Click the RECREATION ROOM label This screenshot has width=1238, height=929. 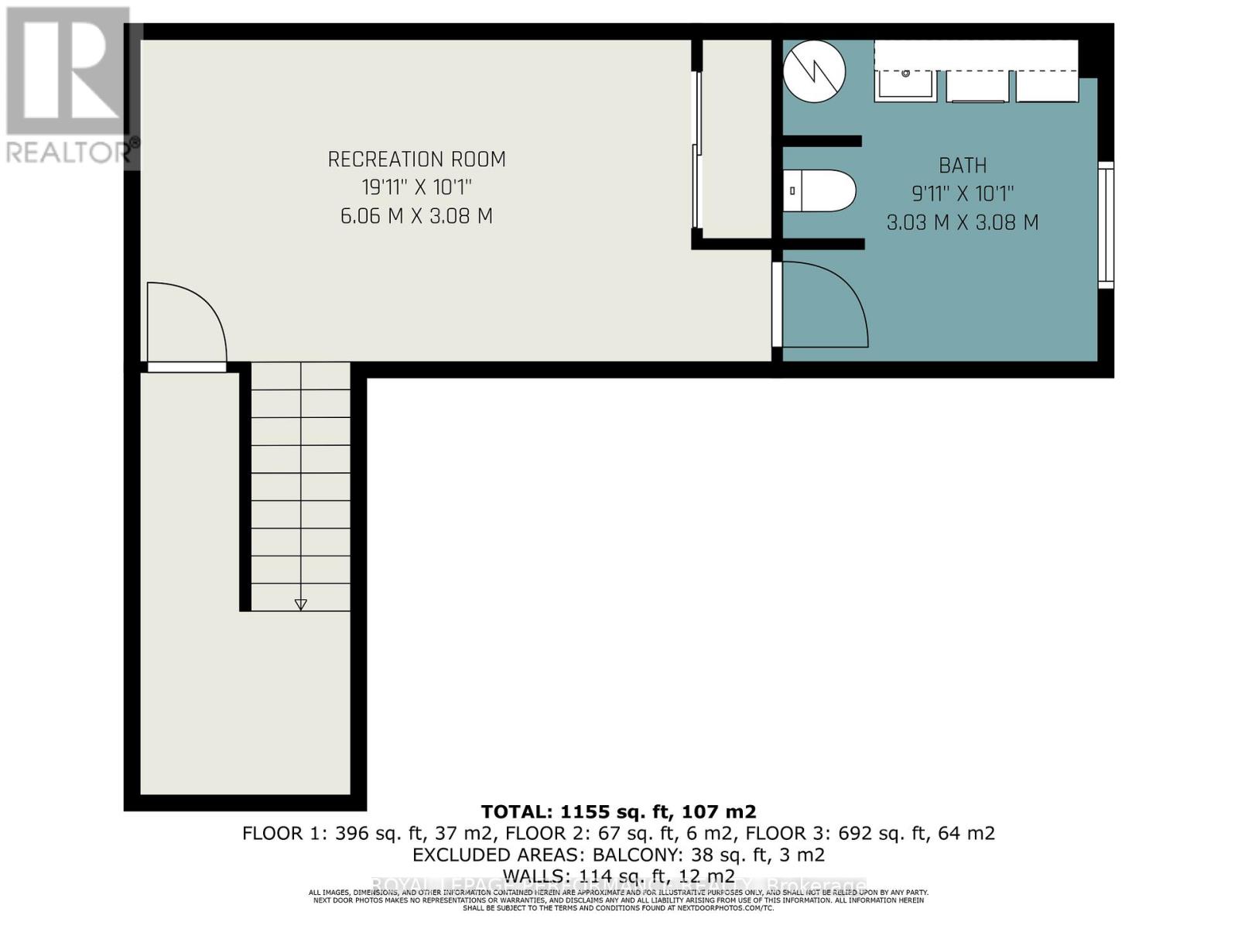tap(416, 159)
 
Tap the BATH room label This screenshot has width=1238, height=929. tap(963, 166)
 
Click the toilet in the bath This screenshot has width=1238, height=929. tap(819, 190)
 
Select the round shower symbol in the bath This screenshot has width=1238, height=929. tap(814, 71)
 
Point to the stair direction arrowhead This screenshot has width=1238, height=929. tap(301, 605)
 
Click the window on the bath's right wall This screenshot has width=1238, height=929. tap(1106, 225)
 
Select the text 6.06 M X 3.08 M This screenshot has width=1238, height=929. tap(416, 216)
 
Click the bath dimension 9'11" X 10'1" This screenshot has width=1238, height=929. tap(963, 194)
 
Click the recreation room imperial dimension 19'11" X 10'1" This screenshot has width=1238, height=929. tap(416, 187)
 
